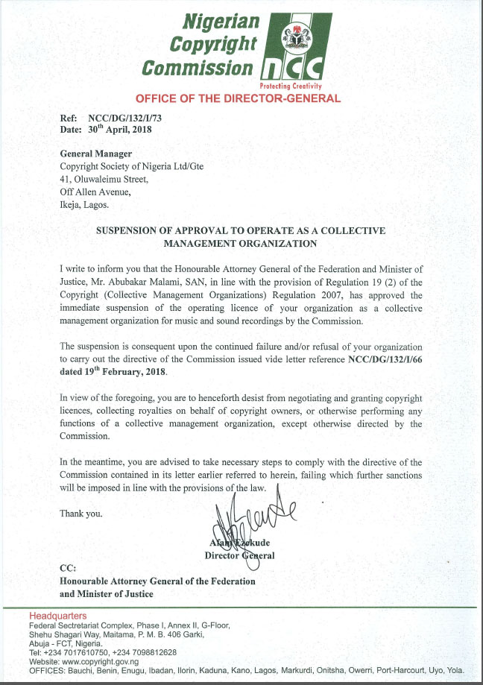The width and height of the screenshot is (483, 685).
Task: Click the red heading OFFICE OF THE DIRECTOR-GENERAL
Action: (238, 98)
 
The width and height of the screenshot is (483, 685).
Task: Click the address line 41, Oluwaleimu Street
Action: (109, 179)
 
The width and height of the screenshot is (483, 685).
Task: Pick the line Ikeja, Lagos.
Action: (84, 204)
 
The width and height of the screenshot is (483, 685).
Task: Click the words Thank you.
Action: (81, 514)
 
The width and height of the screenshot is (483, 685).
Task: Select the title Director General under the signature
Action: (240, 556)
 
